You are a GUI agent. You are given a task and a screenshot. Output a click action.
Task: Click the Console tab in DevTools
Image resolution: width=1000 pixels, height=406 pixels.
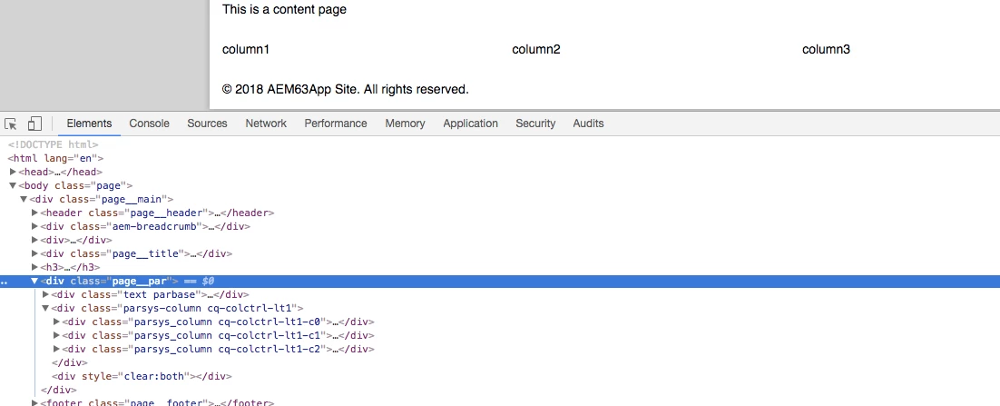pos(149,124)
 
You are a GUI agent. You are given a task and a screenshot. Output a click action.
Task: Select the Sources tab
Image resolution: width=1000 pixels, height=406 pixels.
pos(207,124)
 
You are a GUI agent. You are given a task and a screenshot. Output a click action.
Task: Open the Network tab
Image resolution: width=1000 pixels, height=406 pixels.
pos(266,124)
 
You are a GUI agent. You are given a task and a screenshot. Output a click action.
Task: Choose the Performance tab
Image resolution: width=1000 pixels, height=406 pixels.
pos(336,124)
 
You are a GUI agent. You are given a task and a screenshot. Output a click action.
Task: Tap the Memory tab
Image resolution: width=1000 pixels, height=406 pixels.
pos(405,124)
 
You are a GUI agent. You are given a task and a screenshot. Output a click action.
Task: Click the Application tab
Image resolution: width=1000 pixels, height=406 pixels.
pos(471,124)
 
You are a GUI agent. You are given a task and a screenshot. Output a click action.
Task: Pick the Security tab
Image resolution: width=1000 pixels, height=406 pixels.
pos(535,124)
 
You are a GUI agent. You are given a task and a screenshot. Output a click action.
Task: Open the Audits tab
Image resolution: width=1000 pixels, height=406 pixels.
pos(588,124)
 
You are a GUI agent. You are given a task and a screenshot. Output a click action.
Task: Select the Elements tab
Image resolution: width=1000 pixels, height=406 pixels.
pos(89,124)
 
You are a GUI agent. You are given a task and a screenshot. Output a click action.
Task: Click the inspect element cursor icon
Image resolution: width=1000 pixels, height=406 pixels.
pos(11,124)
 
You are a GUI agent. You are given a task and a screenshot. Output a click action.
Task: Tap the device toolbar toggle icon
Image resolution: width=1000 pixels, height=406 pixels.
pos(34,124)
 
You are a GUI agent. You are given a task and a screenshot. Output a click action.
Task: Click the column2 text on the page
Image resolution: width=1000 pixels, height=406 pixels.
pos(536,50)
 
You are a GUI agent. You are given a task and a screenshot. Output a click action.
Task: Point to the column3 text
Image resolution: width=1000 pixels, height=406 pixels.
pos(826,50)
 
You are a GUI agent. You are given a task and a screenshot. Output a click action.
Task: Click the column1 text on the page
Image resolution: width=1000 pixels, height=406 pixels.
pos(246,50)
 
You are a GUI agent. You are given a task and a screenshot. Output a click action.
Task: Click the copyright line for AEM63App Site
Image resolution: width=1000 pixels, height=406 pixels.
pos(346,90)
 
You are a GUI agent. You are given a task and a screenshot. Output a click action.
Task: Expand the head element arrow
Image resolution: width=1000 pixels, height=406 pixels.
pos(13,172)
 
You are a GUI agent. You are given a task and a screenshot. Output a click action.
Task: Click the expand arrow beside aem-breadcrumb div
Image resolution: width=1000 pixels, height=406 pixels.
pos(34,226)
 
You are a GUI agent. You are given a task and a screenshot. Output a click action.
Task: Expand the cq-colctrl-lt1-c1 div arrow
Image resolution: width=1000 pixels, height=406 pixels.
pos(56,335)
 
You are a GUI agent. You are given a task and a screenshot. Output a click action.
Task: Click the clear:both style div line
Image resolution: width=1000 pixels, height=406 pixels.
pos(142,376)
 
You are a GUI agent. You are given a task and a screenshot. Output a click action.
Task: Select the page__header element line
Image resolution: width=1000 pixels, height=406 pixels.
pos(157,213)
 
